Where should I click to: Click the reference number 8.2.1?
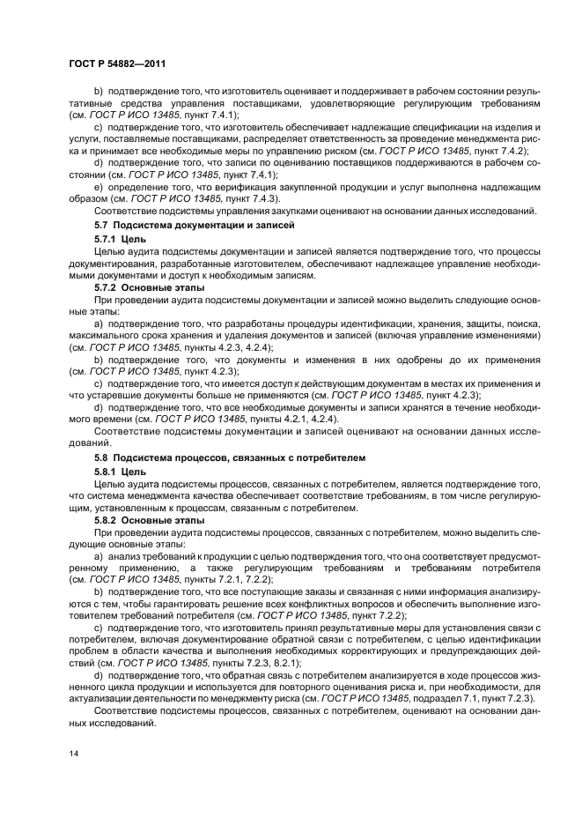pos(284,662)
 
